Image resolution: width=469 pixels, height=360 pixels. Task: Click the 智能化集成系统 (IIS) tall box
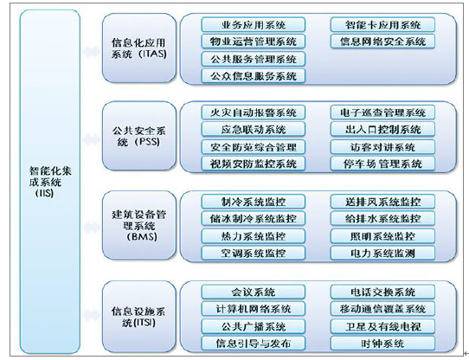click(x=50, y=182)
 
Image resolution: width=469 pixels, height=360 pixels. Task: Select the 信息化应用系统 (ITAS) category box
click(x=139, y=48)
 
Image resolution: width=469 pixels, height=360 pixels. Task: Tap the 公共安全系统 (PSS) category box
click(x=139, y=136)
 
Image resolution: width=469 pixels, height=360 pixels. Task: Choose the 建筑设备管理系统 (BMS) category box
click(x=139, y=225)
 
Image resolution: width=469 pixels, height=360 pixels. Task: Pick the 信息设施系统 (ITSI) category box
click(x=139, y=317)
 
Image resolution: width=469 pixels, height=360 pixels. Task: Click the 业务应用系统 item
click(x=254, y=24)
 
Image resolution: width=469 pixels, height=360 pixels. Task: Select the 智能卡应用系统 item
click(x=382, y=24)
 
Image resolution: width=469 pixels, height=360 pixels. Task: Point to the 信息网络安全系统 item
click(x=382, y=42)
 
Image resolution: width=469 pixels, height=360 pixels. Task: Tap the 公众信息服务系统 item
click(x=254, y=75)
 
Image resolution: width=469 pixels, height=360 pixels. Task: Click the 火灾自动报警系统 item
click(x=254, y=112)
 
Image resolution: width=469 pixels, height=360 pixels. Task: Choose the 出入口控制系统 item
click(x=382, y=129)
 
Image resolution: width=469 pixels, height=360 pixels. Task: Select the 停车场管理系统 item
click(x=382, y=164)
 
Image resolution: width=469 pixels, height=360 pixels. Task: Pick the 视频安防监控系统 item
click(x=254, y=164)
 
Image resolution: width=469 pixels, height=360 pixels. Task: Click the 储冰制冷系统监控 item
click(x=254, y=218)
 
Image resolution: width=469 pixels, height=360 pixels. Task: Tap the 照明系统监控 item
click(x=382, y=236)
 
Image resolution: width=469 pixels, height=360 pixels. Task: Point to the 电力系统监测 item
click(x=382, y=254)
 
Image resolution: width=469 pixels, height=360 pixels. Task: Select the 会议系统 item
click(x=254, y=292)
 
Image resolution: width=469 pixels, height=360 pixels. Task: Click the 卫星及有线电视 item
click(x=382, y=326)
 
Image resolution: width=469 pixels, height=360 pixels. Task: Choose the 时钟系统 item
click(x=382, y=344)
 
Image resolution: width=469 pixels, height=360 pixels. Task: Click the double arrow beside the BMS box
click(x=92, y=228)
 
